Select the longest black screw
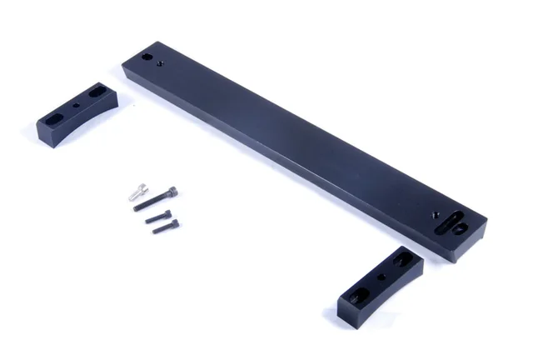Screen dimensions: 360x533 (x=157, y=198)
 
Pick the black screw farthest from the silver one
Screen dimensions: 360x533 (x=164, y=225)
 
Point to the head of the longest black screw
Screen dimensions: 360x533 (x=173, y=190)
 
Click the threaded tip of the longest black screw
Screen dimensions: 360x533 (x=137, y=208)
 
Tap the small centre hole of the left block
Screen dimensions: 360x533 (x=77, y=107)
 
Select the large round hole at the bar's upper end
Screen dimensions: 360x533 (x=147, y=58)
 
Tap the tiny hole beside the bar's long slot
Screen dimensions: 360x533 (x=436, y=214)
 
